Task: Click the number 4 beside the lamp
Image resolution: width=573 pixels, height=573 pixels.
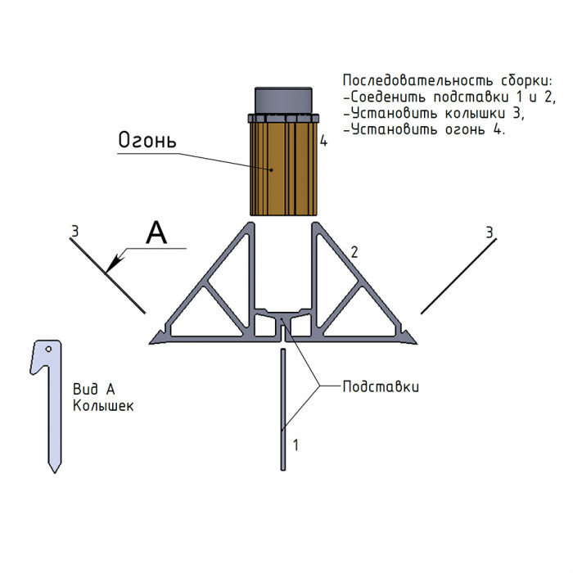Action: point(324,142)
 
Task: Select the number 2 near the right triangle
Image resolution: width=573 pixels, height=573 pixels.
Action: point(354,252)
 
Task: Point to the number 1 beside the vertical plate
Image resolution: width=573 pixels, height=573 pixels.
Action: point(296,445)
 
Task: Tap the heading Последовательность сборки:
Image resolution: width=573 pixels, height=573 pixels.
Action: point(447,81)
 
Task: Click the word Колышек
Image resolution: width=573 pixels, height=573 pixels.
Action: point(102,404)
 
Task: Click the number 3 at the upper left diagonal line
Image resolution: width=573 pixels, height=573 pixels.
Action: point(74,232)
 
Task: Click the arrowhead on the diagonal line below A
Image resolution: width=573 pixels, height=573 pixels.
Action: point(114,263)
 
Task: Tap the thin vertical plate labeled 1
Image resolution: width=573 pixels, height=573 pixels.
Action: point(283,409)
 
